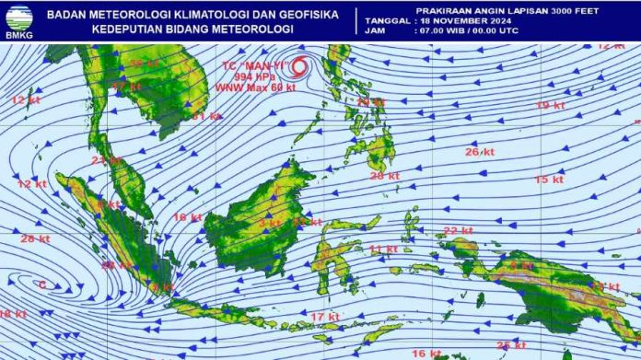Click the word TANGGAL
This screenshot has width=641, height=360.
point(386,19)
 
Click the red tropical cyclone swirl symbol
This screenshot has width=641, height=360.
point(298,66)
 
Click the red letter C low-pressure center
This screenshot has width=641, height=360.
point(41,285)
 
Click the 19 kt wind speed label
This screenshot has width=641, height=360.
point(550,106)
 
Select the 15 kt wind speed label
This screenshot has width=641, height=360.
point(549,180)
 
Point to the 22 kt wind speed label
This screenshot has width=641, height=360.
point(458,230)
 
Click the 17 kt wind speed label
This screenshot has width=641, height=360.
point(324,317)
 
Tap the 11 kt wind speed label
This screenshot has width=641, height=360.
point(383,250)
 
